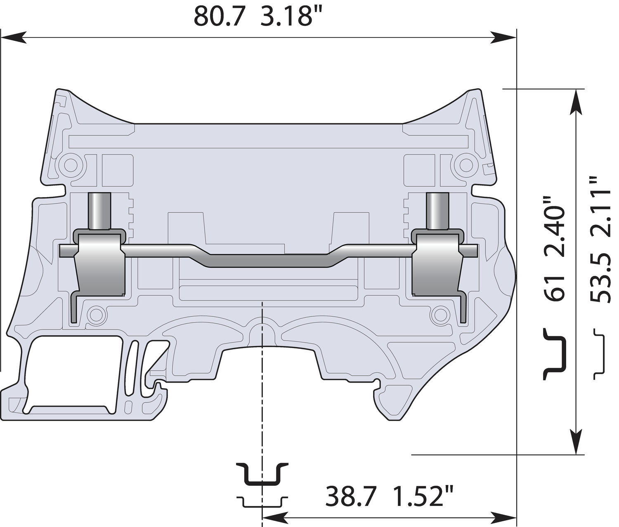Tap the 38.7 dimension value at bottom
point(351,496)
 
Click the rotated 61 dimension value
point(554,288)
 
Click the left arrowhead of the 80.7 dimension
point(12,38)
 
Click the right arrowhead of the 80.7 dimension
point(504,38)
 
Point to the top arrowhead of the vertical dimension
point(576,101)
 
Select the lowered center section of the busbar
point(268,261)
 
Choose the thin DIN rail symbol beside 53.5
point(599,354)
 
